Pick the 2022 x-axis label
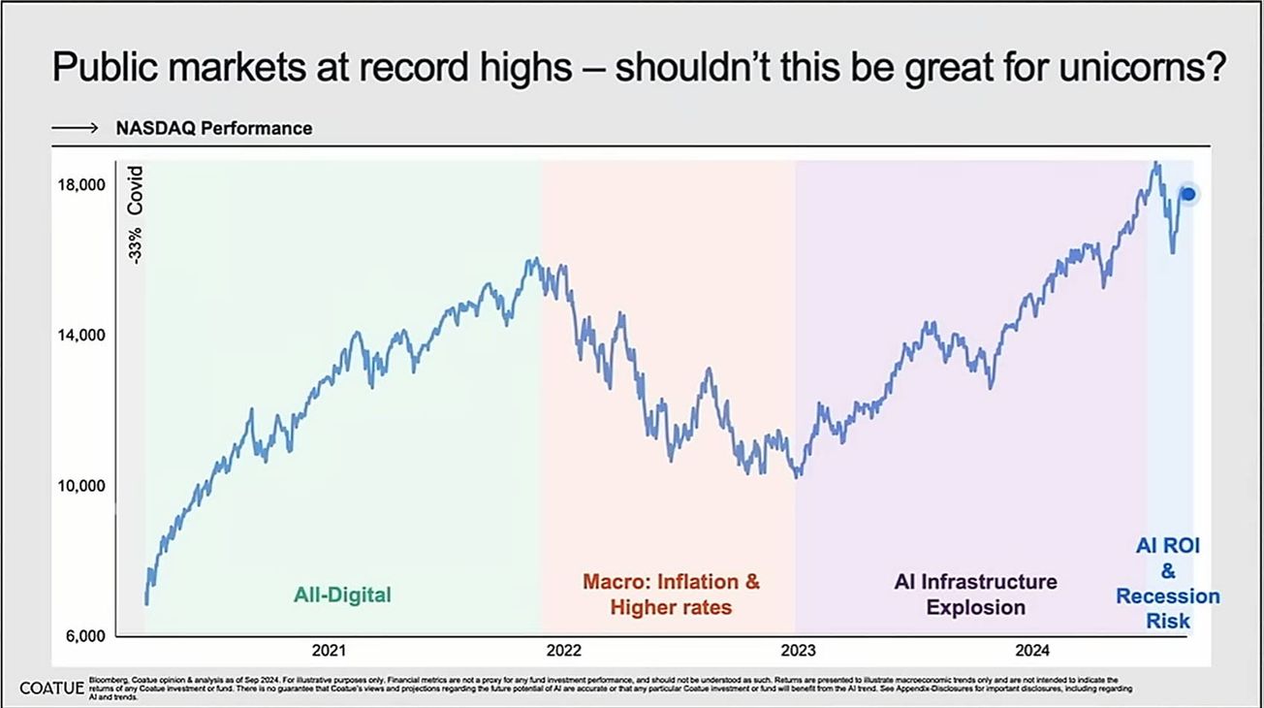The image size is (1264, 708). (x=564, y=651)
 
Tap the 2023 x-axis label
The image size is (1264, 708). (x=798, y=651)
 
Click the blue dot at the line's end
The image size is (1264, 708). (x=1188, y=194)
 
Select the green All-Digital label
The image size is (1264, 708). (x=342, y=595)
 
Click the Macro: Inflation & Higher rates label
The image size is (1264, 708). (x=671, y=595)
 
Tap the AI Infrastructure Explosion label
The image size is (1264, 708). (x=975, y=595)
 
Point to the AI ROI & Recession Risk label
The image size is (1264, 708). (x=1168, y=583)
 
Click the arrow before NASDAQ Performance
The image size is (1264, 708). (x=76, y=128)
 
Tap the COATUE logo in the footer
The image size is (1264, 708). (x=50, y=688)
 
